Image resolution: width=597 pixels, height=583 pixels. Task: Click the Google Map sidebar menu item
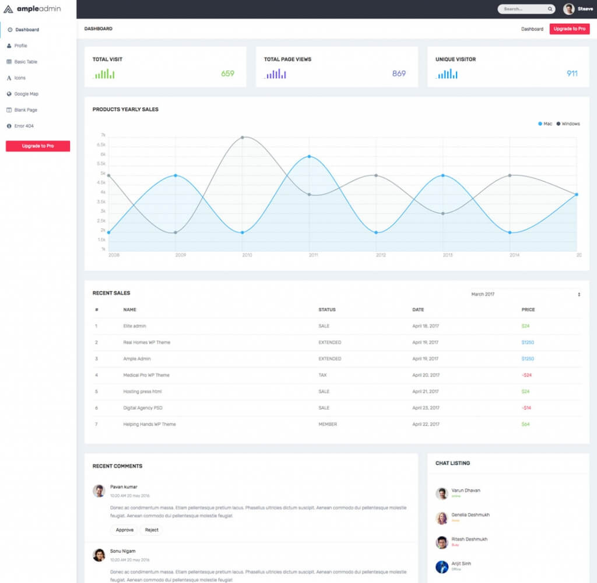click(26, 94)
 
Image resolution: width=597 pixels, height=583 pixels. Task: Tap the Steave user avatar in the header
click(568, 9)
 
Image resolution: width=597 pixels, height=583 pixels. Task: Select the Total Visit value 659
click(227, 73)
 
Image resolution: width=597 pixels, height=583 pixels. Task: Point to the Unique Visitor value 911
click(572, 73)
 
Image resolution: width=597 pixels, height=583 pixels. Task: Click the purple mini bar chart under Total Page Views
click(275, 74)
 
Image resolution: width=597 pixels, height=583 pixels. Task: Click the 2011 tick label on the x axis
click(313, 255)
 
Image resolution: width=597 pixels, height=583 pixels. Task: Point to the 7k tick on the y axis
click(103, 135)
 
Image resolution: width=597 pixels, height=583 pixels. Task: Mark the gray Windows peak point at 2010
click(243, 137)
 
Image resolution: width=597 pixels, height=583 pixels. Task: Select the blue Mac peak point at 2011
click(309, 157)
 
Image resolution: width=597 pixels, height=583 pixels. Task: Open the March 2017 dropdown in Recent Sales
click(525, 294)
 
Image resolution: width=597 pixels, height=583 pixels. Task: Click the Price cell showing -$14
click(526, 408)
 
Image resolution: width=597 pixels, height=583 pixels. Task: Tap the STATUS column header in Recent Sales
click(326, 310)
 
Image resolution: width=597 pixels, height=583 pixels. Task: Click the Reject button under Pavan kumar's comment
click(152, 530)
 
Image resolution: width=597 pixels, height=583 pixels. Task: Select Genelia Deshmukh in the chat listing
click(470, 515)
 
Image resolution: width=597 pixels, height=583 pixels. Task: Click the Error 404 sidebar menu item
click(24, 126)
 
